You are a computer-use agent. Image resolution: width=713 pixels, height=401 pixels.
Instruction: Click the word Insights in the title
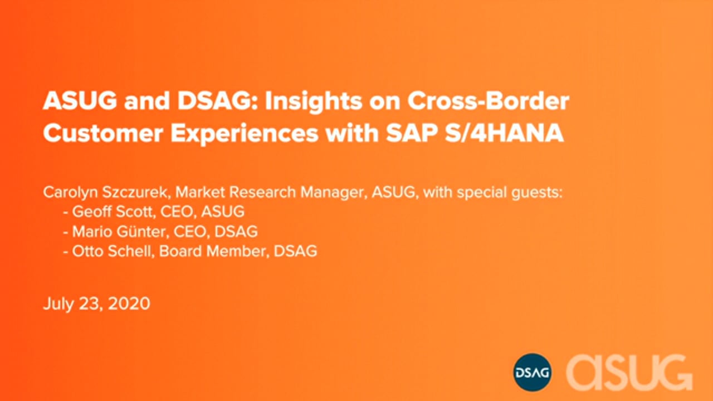pos(314,102)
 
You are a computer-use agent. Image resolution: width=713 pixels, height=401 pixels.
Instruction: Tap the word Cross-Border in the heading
pos(489,101)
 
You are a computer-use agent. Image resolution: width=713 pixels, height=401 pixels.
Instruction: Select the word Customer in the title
pos(103,133)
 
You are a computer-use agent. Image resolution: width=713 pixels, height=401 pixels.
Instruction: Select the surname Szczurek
pos(135,192)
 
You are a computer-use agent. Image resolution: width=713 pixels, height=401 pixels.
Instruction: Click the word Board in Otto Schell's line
pos(180,251)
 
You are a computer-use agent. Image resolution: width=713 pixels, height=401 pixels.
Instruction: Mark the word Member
pos(238,251)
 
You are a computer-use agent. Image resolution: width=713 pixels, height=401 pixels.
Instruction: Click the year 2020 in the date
pos(129,304)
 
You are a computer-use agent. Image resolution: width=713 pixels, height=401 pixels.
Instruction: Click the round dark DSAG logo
pos(532,372)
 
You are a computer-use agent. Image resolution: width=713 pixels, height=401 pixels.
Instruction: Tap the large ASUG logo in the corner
pos(629,373)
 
